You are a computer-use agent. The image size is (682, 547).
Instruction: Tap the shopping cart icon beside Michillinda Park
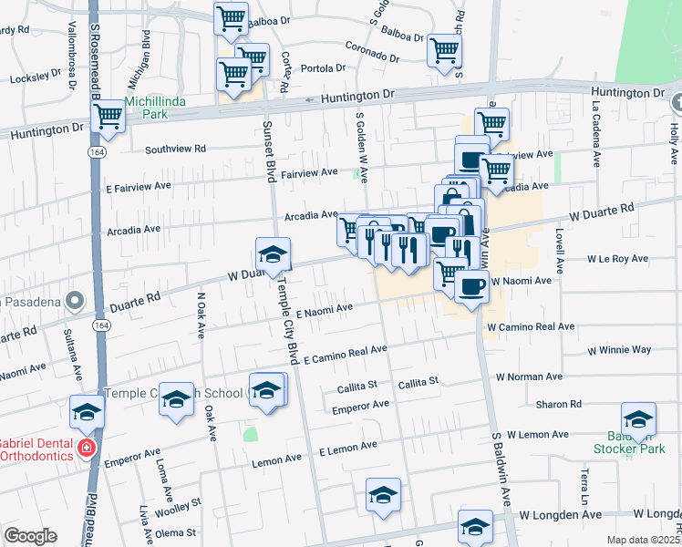point(108,117)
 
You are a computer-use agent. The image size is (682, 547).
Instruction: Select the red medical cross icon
point(87,449)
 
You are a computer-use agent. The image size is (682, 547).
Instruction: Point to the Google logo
point(30,536)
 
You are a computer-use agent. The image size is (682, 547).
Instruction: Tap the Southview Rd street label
point(176,148)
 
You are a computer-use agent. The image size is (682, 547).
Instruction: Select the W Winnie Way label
point(619,349)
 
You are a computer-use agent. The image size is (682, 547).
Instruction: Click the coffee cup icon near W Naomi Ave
point(470,287)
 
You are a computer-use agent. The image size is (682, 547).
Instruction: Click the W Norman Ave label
point(529,377)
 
